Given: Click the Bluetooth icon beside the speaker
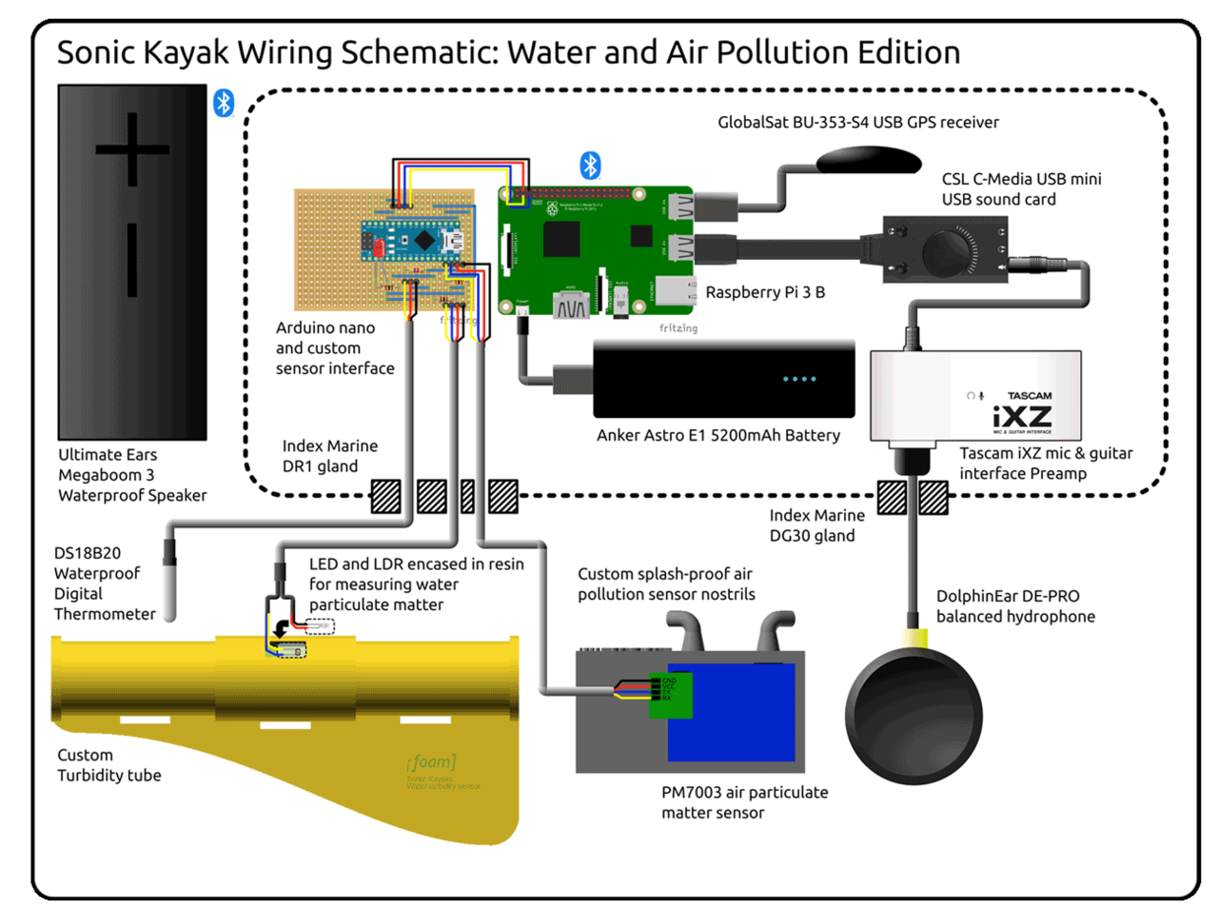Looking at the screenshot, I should coord(224,103).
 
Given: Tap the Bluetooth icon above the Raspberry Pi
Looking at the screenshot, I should coord(590,166).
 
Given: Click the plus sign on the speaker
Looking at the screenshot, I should coord(132,149).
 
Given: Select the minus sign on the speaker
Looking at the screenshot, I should coord(132,259).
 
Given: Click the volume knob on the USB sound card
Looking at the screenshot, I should coord(949,251).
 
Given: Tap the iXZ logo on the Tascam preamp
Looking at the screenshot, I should coord(1022,417).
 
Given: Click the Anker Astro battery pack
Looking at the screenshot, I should coord(723,379).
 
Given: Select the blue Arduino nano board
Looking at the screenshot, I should coord(411,242).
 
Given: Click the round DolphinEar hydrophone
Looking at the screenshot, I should coord(913,716).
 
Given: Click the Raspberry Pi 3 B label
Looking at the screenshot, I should coord(765,292).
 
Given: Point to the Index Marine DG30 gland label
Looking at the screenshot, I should coord(816,525).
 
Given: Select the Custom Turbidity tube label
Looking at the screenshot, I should coord(108,765).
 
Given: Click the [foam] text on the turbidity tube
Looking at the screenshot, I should coord(431,761).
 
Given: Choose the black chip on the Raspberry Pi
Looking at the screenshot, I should coord(561,240).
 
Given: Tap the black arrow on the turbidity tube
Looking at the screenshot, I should coord(281,629).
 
